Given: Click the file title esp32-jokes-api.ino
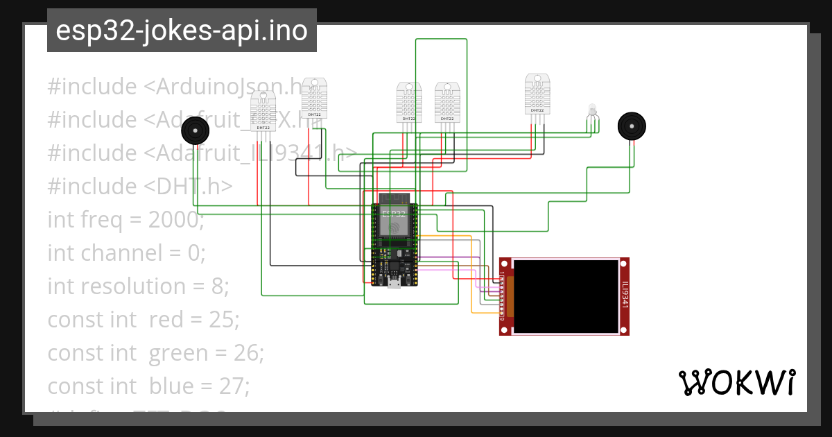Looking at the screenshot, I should (x=182, y=31).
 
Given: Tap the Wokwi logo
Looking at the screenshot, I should (x=736, y=382).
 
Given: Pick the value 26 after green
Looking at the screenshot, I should (x=250, y=353).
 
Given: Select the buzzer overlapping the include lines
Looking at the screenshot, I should (x=196, y=130).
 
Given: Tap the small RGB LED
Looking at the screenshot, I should (x=592, y=110).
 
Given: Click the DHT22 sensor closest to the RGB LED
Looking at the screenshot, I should (x=537, y=95).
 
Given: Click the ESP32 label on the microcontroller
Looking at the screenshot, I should (x=393, y=214).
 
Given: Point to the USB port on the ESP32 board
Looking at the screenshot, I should (x=394, y=282).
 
